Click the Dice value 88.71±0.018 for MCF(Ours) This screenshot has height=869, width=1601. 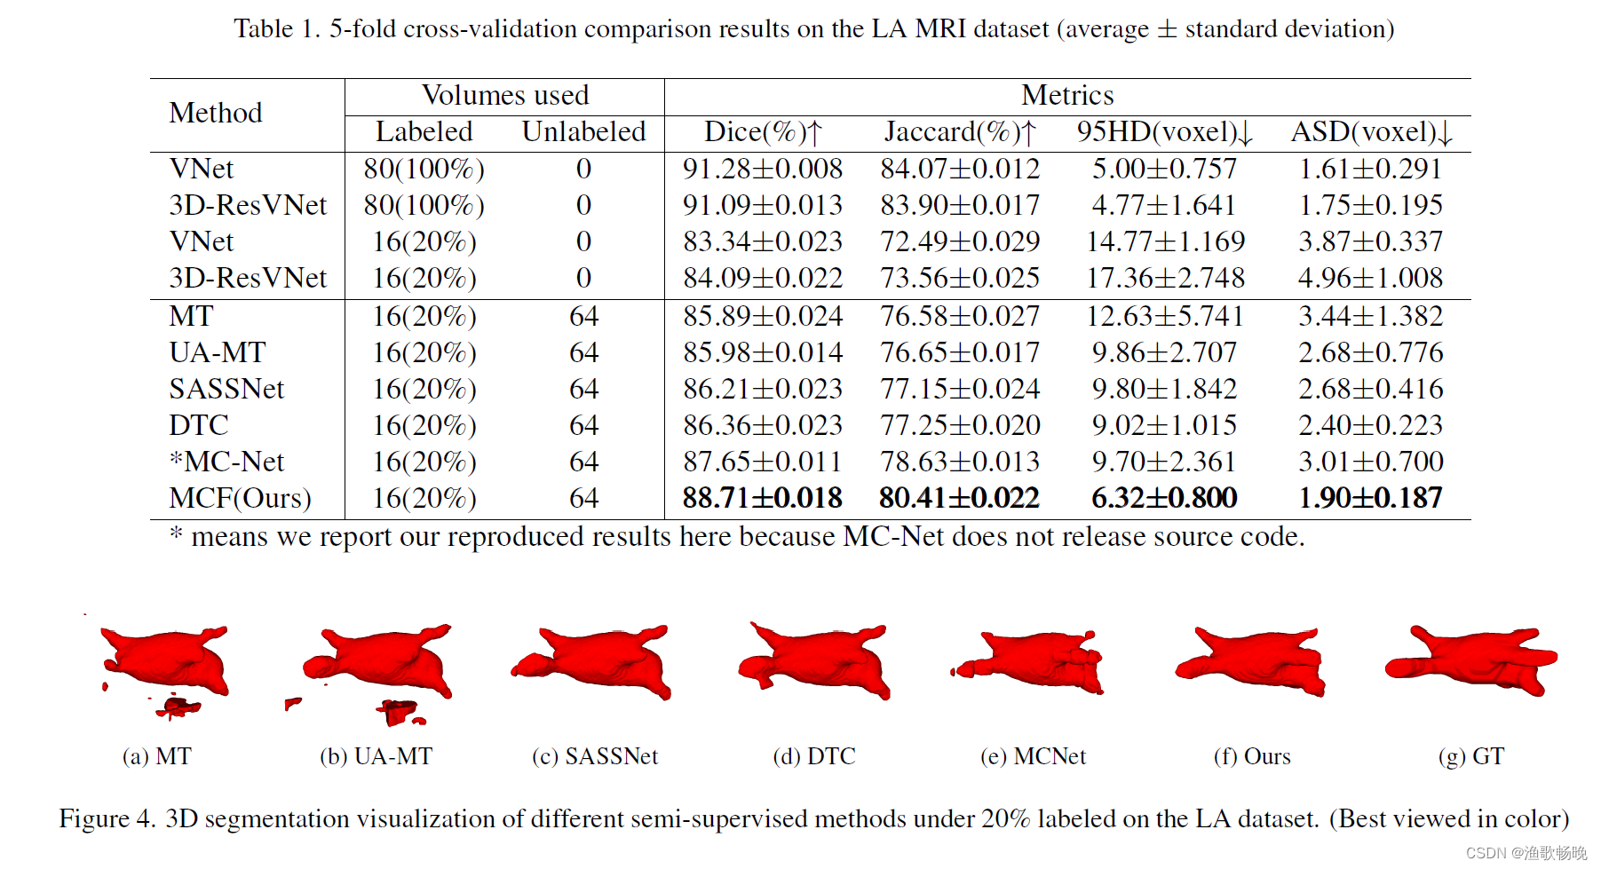pos(762,498)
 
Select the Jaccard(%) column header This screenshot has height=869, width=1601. pos(960,132)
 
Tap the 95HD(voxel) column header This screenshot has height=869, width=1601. pos(1164,132)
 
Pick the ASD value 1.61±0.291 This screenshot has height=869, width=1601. pos(1370,169)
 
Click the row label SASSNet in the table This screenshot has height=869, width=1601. pos(226,389)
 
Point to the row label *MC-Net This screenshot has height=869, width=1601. pos(226,462)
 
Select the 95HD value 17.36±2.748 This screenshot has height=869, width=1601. pos(1165,278)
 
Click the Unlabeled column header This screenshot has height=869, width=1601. pos(583,132)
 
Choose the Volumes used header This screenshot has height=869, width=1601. pos(504,95)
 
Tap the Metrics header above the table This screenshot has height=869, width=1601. pos(1066,95)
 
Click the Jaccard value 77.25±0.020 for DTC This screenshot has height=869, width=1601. pos(960,425)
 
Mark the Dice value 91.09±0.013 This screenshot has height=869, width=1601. pos(762,205)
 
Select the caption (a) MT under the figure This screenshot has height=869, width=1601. pos(156,756)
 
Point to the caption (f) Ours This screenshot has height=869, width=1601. pos(1252,756)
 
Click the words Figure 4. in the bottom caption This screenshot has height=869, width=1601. pos(107,818)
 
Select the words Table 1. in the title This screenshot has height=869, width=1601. pos(276,29)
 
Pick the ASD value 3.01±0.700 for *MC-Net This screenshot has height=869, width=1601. pos(1370,462)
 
